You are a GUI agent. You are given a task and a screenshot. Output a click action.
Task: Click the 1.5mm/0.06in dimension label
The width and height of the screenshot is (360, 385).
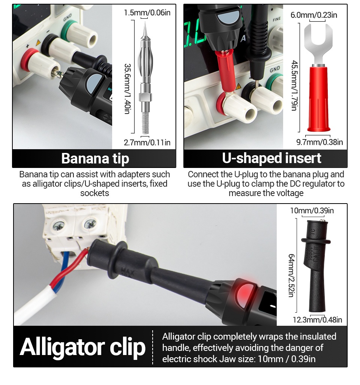pos(147,12)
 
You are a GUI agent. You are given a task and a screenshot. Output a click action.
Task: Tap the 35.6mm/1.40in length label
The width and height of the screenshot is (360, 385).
pos(127,88)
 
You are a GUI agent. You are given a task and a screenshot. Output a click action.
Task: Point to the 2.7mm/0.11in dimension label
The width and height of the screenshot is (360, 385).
pos(147,142)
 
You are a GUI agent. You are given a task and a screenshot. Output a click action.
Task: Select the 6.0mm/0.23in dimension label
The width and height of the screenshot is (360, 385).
pos(313,15)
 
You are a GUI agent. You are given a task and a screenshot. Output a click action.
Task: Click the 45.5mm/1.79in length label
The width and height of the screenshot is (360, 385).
pos(295,85)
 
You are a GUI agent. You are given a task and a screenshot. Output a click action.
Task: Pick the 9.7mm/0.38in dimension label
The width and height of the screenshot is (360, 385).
pos(319,142)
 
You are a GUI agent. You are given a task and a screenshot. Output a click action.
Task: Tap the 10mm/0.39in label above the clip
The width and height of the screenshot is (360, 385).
pos(312,211)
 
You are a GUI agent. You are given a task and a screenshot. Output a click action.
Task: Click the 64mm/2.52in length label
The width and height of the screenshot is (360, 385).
pos(291,276)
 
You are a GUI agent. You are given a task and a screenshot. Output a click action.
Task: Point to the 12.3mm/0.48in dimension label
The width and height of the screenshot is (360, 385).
pos(317,320)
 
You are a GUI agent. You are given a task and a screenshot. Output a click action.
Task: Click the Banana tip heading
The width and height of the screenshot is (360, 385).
pos(95,158)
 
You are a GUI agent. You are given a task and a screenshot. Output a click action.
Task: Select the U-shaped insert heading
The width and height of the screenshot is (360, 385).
pos(271,158)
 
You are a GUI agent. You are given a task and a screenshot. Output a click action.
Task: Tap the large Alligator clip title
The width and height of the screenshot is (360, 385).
pos(82,347)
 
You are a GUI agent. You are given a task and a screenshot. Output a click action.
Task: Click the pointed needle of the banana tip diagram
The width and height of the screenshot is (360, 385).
pos(145,30)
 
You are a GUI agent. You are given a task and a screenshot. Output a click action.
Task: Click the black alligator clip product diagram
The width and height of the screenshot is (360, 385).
pos(315,267)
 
